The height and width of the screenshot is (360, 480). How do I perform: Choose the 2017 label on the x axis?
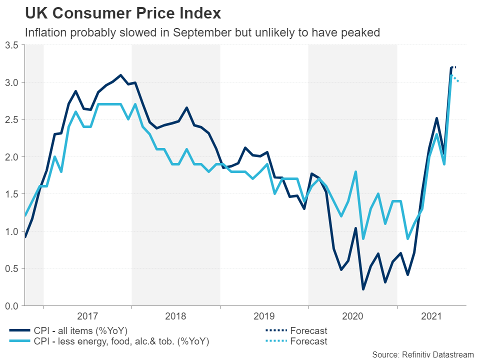[x=87, y=316]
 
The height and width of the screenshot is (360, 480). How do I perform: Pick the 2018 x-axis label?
[x=176, y=316]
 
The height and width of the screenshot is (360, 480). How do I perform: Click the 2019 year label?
[x=264, y=316]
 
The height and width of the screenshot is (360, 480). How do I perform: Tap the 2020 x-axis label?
[x=352, y=316]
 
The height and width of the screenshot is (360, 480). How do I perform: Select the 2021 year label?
[x=431, y=316]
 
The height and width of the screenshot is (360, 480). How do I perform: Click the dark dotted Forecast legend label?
[x=308, y=330]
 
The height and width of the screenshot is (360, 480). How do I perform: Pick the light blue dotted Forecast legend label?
[x=308, y=341]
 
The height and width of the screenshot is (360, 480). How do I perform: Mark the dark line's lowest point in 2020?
[x=363, y=289]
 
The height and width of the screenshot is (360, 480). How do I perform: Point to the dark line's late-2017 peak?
[x=120, y=75]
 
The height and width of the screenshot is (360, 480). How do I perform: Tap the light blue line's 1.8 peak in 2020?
[x=355, y=172]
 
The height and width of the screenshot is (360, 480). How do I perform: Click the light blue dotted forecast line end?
[x=458, y=81]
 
